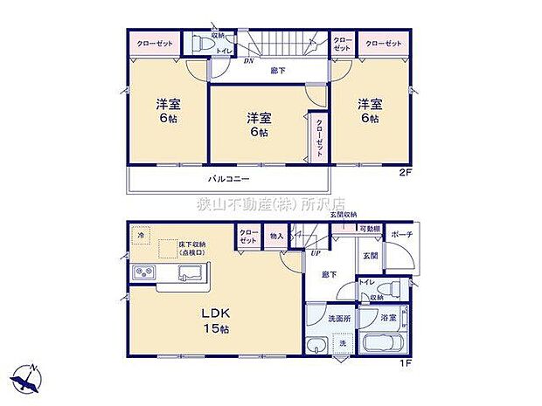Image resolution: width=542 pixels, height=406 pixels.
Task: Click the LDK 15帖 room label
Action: pos(218,320)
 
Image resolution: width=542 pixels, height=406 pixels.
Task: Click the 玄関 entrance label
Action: pos(370,255)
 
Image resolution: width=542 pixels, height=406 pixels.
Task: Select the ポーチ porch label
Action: pos(402,234)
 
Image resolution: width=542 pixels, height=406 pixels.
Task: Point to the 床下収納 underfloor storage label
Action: pos(191,249)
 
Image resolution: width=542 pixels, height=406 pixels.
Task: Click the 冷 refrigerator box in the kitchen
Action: pos(141,235)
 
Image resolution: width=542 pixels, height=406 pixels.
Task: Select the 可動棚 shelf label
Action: pos(370,229)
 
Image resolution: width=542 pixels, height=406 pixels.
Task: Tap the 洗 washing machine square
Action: pos(343,345)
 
